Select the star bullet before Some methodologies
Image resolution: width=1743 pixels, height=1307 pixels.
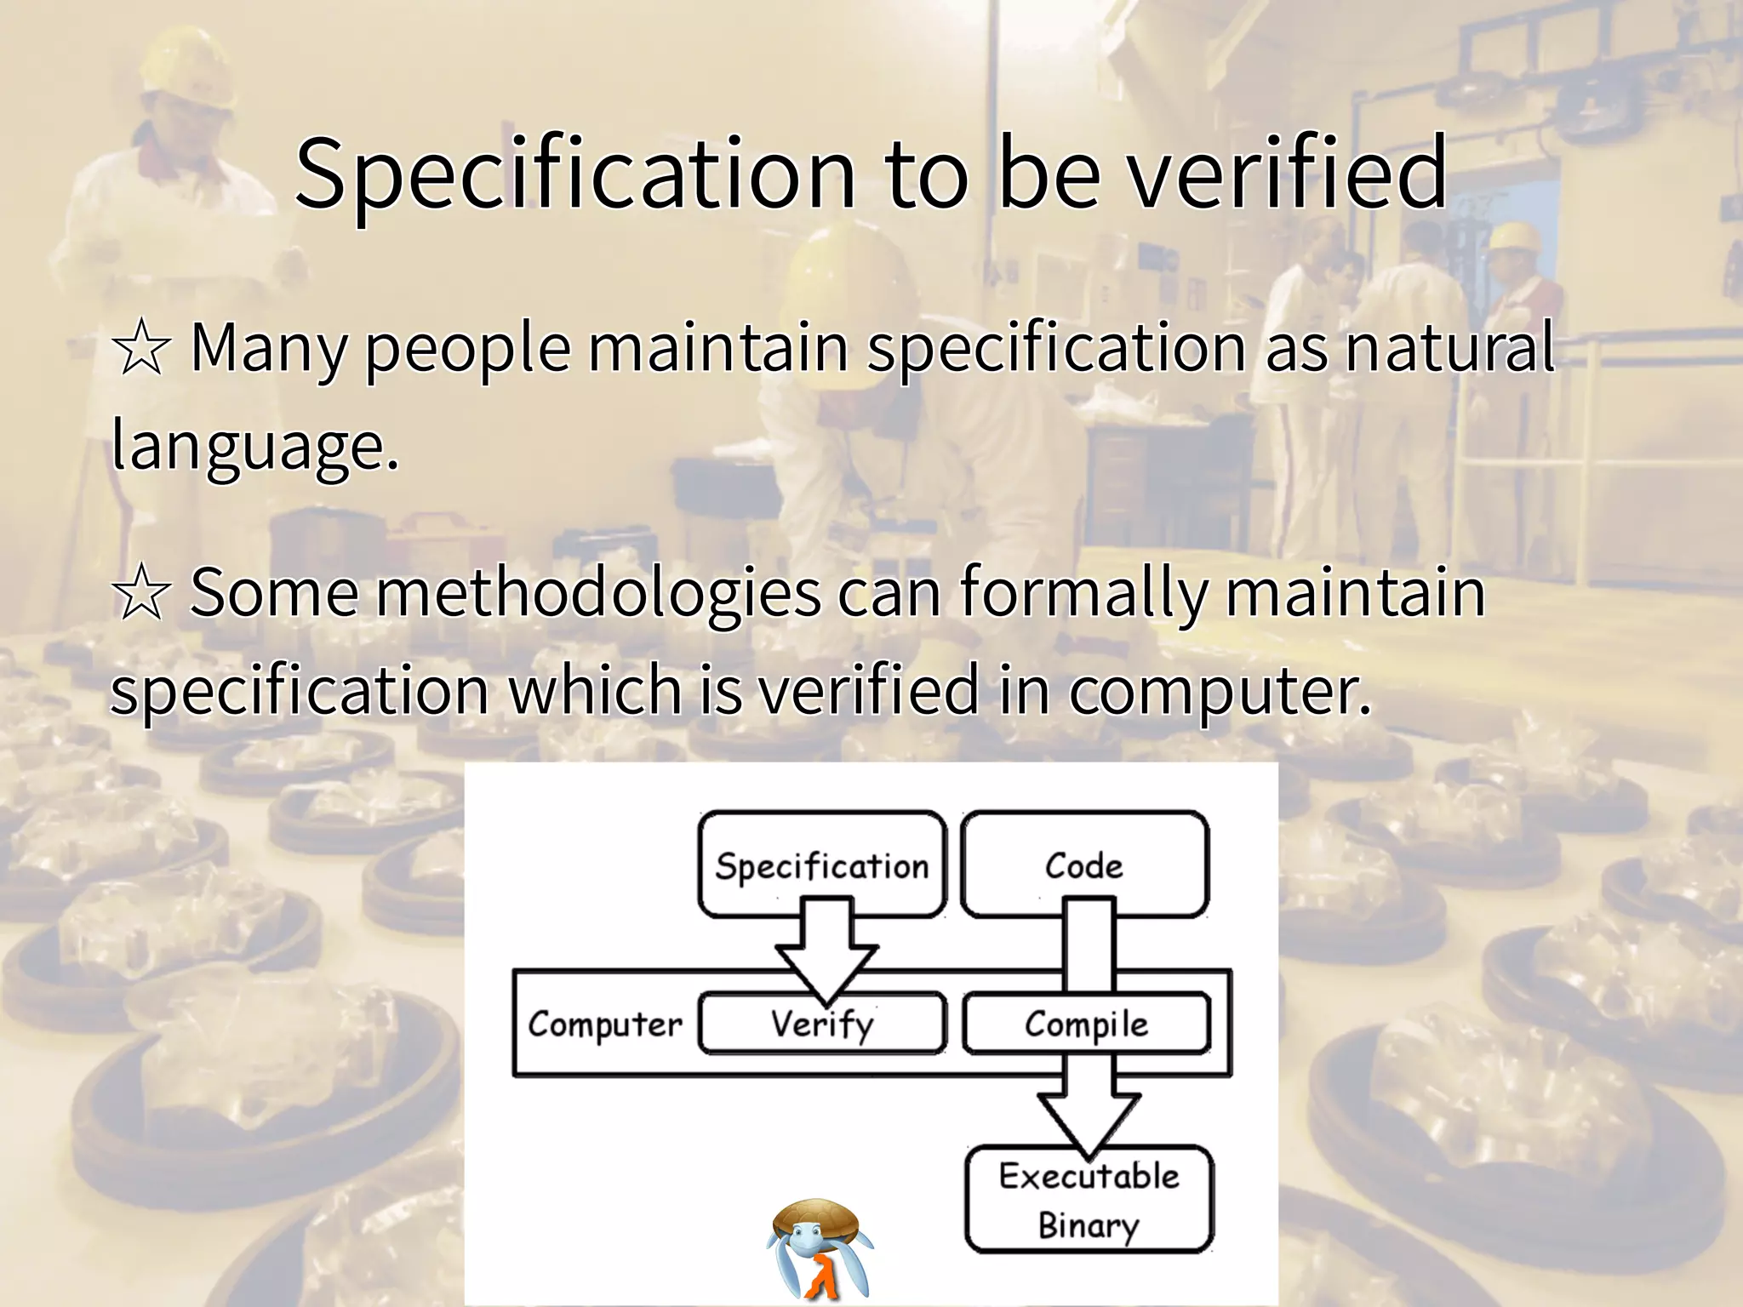pos(141,594)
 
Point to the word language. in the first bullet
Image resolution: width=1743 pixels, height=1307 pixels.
pos(254,446)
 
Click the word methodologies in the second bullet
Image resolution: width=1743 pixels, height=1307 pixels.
pos(599,594)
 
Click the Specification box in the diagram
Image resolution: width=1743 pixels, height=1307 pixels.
pos(822,865)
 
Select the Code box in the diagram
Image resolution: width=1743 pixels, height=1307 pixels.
pos(1084,865)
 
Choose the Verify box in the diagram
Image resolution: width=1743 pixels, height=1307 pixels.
pos(822,1024)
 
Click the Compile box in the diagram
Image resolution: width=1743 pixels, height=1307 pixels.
pos(1086,1024)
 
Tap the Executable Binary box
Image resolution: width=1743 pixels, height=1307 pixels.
pos(1089,1200)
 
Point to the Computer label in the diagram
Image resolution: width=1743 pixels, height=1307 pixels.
pos(605,1024)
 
